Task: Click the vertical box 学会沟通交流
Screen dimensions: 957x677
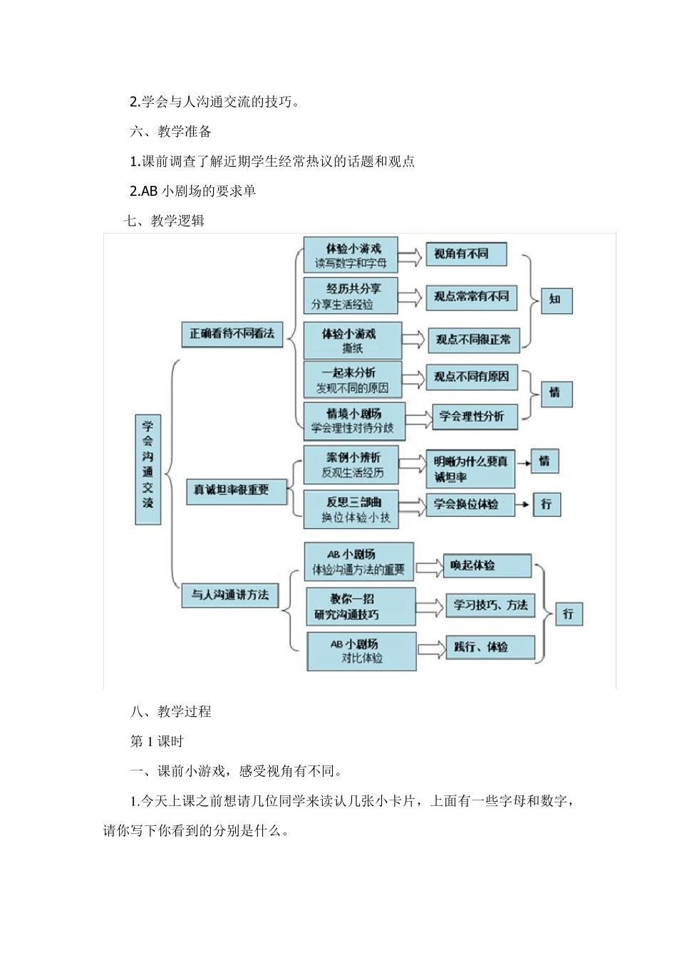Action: click(148, 469)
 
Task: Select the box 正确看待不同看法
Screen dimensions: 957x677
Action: click(232, 333)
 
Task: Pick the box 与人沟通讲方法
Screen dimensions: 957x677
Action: click(229, 595)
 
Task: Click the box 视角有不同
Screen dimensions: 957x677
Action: click(465, 254)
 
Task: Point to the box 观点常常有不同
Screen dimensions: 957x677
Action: click(471, 297)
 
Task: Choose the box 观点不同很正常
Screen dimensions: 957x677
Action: click(473, 340)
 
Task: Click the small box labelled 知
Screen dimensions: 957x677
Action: click(556, 300)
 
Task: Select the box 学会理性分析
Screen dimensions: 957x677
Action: click(473, 416)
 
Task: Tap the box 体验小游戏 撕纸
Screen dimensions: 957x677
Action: click(352, 340)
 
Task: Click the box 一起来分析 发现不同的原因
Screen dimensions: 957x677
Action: click(352, 380)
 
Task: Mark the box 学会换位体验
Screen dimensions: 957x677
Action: click(470, 504)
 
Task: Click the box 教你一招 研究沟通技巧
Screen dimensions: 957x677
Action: click(360, 607)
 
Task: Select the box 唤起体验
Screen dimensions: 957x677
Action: click(487, 565)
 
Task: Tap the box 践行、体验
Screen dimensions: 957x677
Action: click(490, 647)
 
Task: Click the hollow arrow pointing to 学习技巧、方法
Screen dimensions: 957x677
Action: click(430, 607)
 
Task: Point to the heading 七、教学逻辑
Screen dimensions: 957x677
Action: click(164, 221)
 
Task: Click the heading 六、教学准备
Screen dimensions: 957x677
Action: click(171, 132)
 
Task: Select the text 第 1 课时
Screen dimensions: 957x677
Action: click(157, 741)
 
